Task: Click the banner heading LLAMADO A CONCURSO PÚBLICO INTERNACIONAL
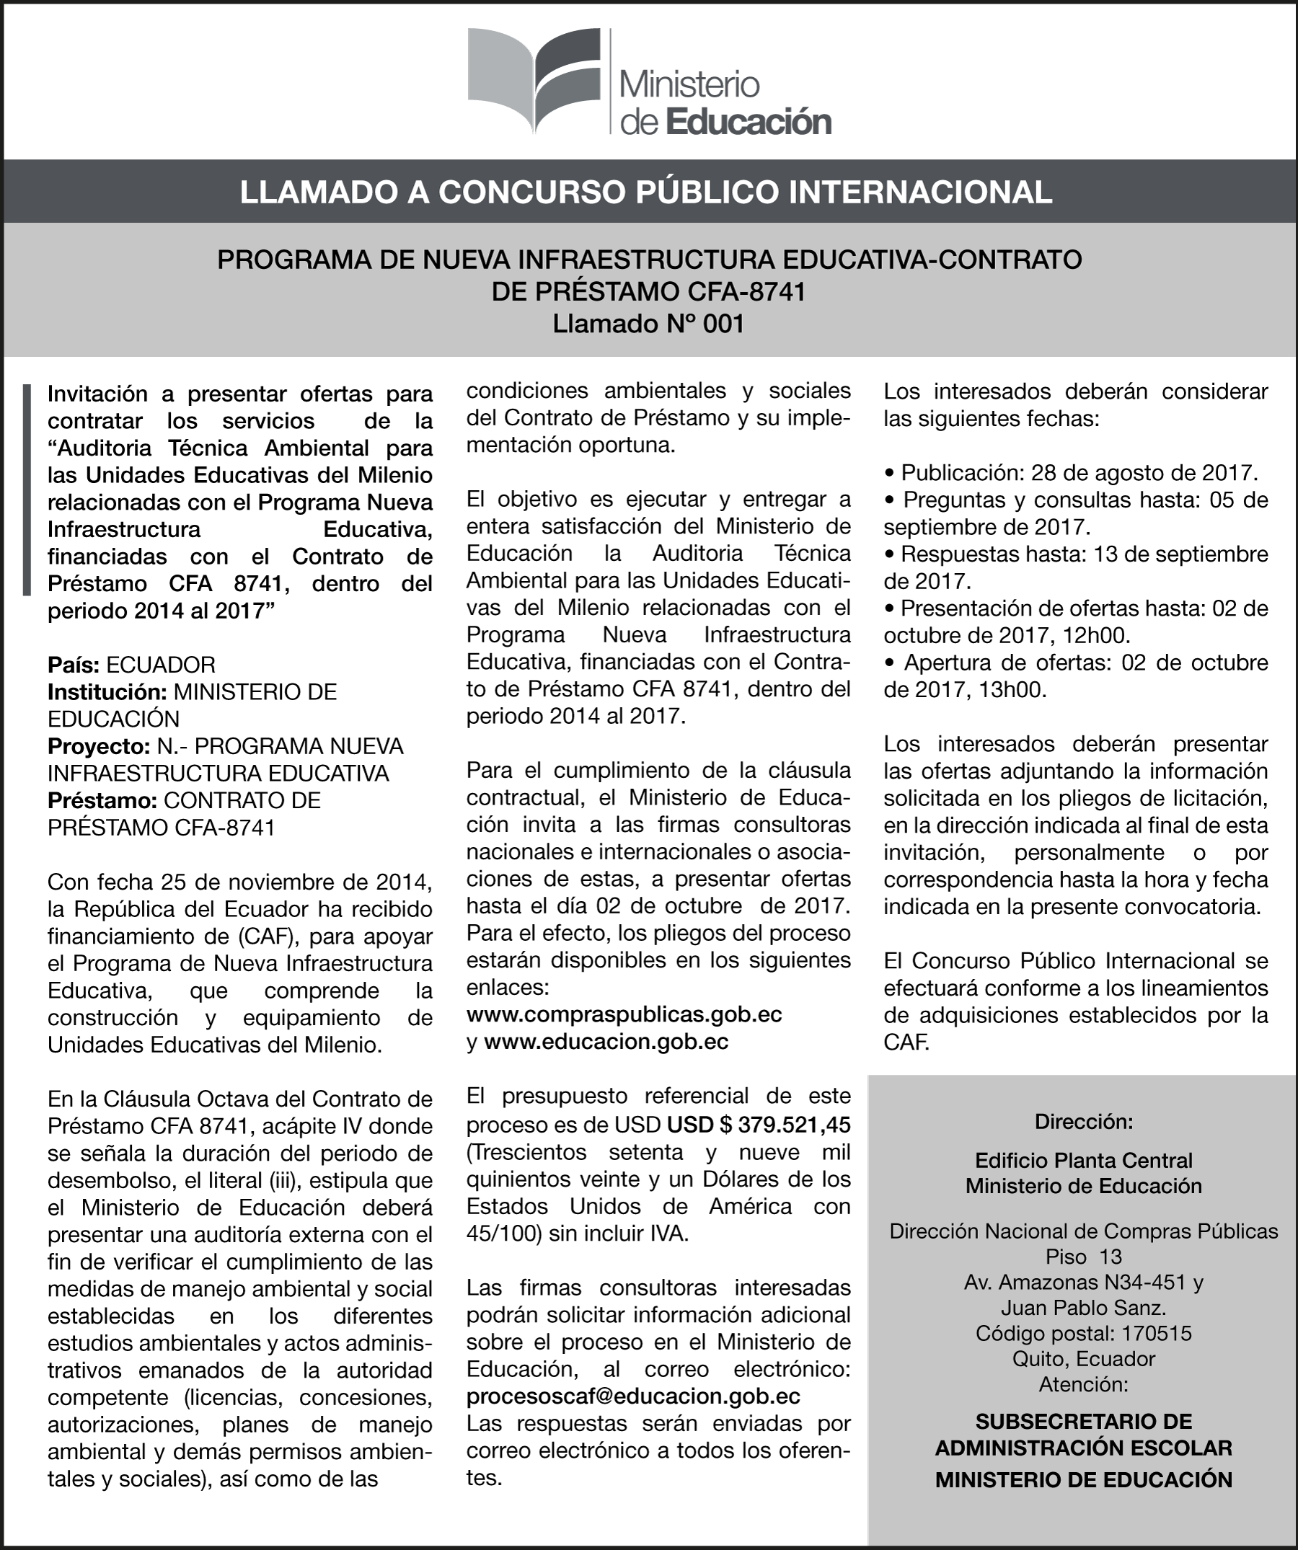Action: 647,192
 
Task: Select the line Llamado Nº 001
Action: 648,324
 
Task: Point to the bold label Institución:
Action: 107,692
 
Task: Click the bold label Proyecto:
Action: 99,746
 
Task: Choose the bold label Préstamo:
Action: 102,801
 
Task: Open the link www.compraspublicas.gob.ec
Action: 624,1015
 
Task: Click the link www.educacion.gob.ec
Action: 606,1042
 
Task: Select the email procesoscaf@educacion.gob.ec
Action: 632,1396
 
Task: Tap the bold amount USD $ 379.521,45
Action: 759,1124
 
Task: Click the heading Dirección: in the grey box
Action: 1083,1122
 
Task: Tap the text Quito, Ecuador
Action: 1083,1358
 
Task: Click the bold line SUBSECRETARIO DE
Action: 1083,1422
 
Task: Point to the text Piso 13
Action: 1083,1257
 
